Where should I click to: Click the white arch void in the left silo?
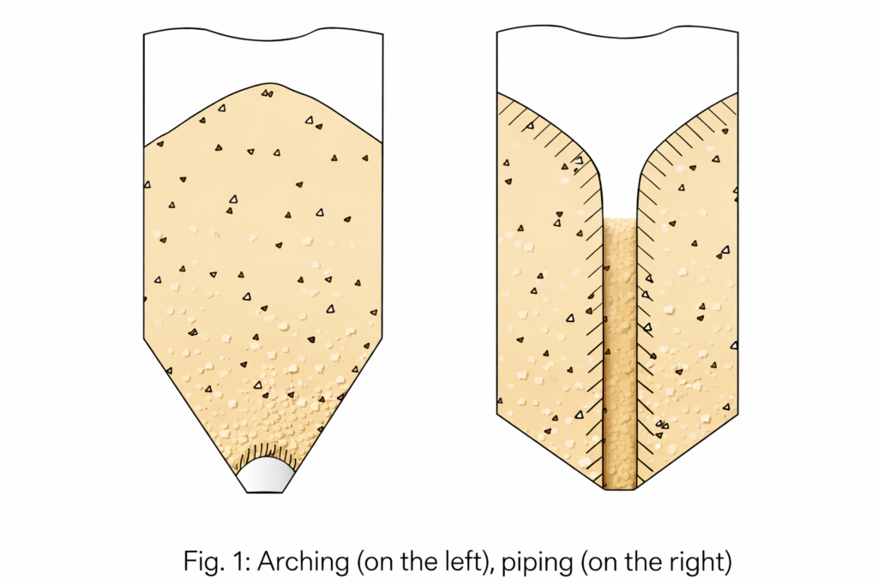(x=266, y=475)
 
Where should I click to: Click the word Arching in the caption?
(x=304, y=562)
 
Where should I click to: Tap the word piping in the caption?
(x=537, y=562)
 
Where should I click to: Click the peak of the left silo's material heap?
(x=268, y=83)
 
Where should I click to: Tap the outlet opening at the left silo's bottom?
(x=265, y=492)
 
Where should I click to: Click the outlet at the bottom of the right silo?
(x=620, y=488)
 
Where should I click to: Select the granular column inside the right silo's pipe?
(x=620, y=352)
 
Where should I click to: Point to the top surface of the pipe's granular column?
(x=620, y=218)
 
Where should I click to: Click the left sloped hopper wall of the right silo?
(x=550, y=452)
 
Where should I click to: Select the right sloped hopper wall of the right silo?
(x=687, y=452)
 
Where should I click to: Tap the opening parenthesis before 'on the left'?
(x=361, y=563)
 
